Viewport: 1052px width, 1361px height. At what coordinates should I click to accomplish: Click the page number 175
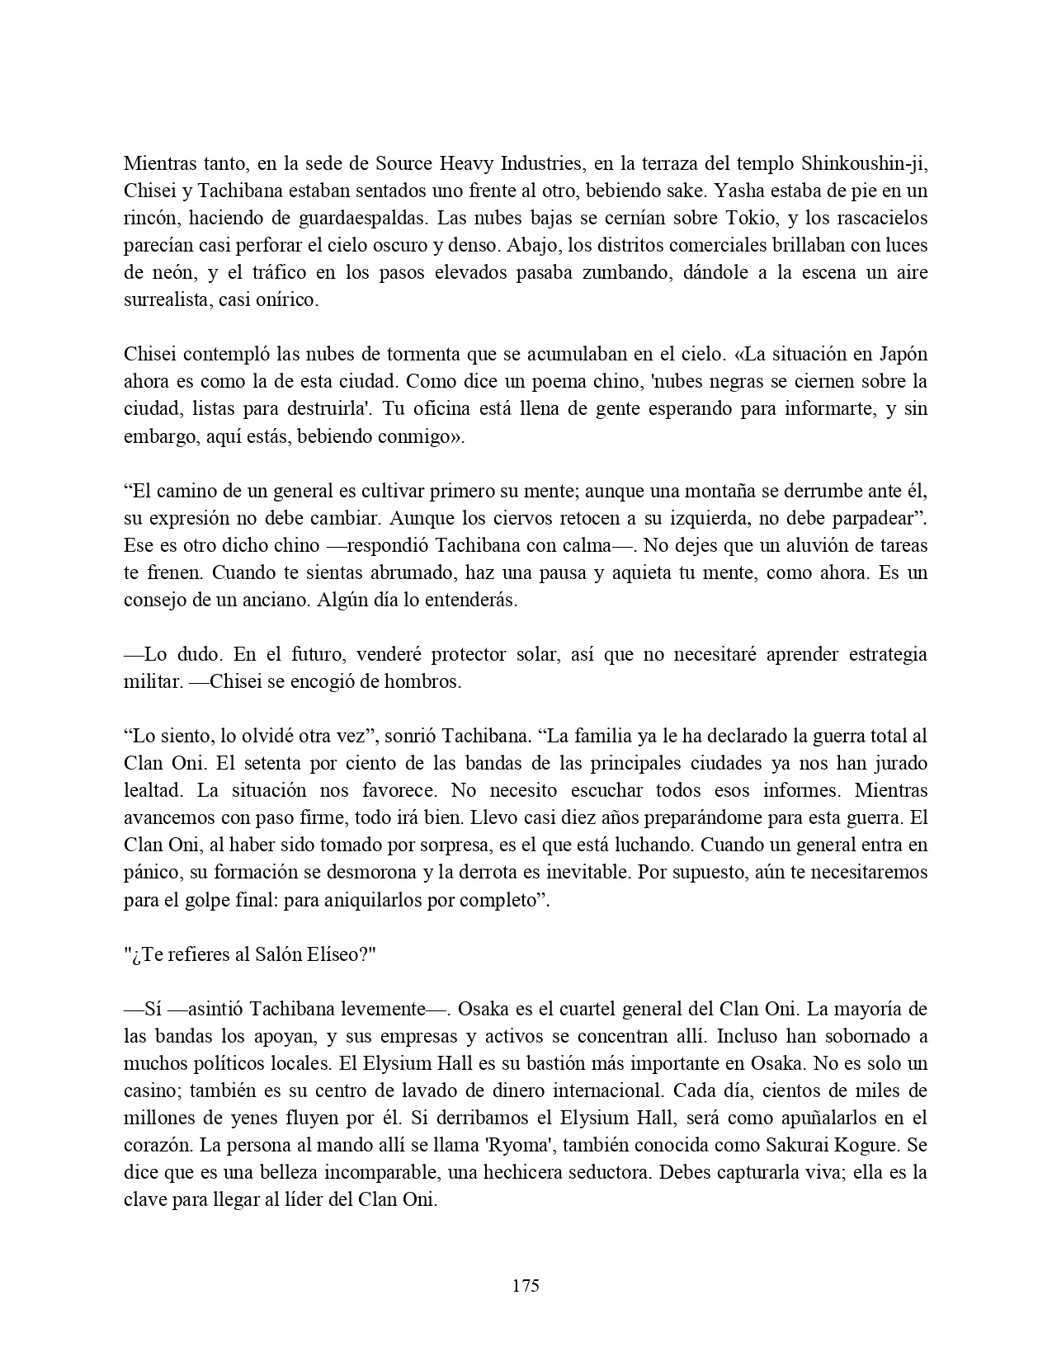click(x=526, y=1285)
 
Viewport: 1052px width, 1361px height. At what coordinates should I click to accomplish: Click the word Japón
click(x=899, y=355)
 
